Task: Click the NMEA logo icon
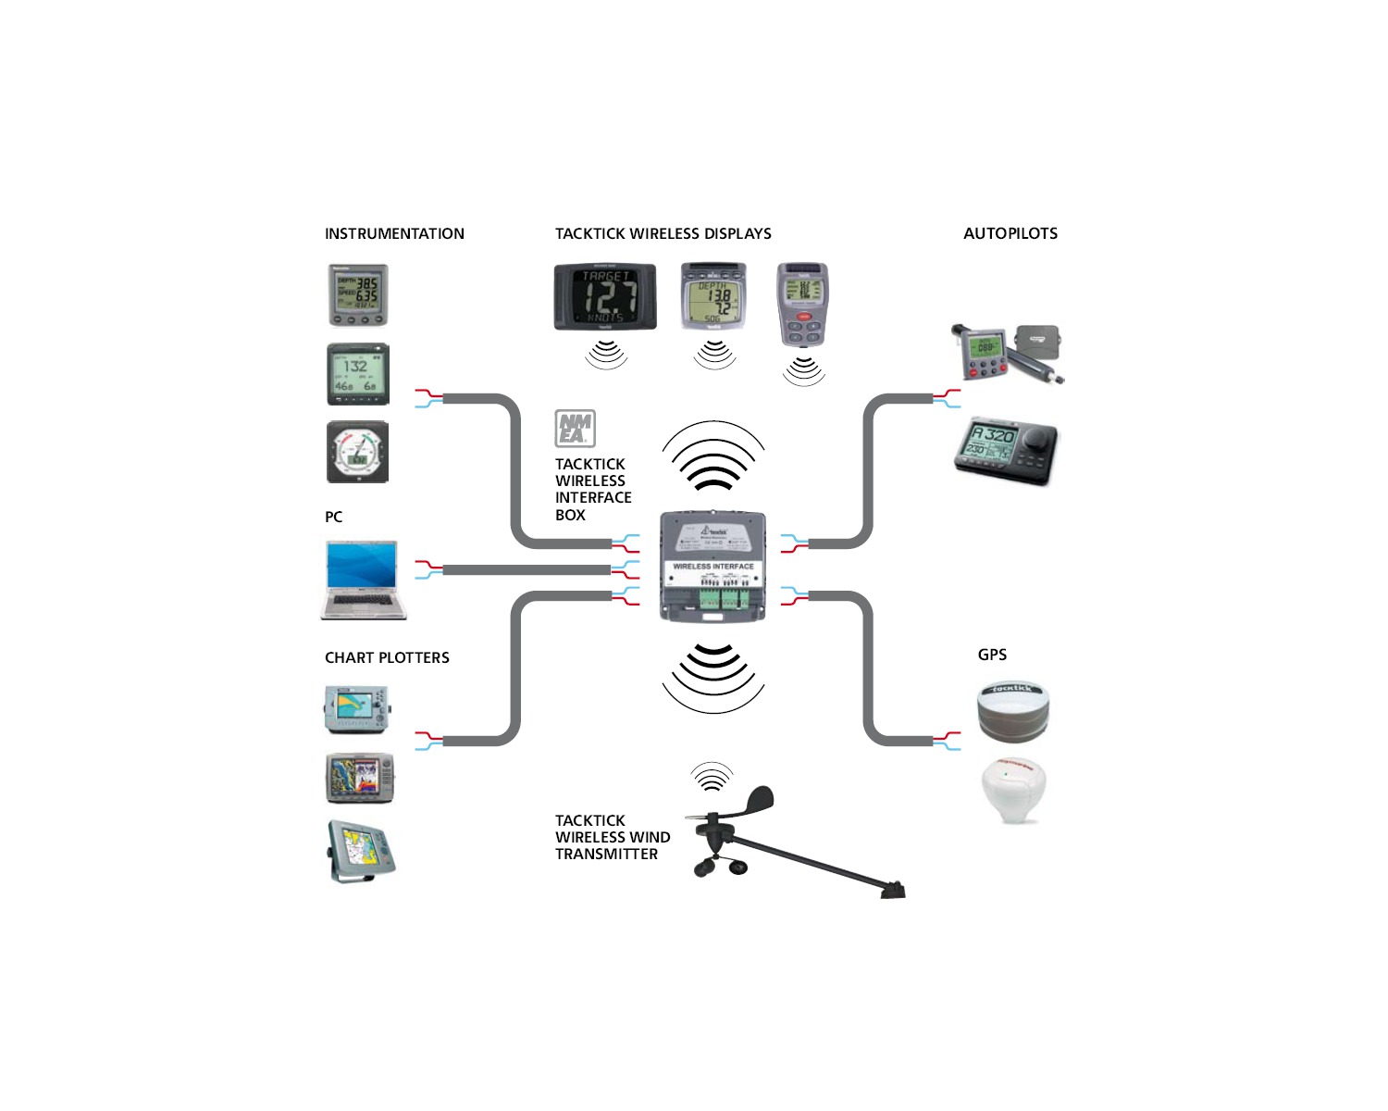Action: pyautogui.click(x=575, y=429)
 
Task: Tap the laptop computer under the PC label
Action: pyautogui.click(x=363, y=580)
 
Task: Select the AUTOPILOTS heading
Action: pyautogui.click(x=1010, y=233)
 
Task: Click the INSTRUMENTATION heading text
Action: pyautogui.click(x=394, y=233)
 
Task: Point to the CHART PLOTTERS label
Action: pyautogui.click(x=387, y=657)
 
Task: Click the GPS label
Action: pyautogui.click(x=992, y=655)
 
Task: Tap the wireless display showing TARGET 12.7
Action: pyautogui.click(x=605, y=297)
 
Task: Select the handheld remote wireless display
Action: pyautogui.click(x=802, y=304)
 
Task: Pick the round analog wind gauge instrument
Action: pyautogui.click(x=357, y=453)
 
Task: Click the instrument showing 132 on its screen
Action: pyautogui.click(x=357, y=374)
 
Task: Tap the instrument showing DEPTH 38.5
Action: pyautogui.click(x=358, y=295)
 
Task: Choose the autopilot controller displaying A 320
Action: pyautogui.click(x=1005, y=451)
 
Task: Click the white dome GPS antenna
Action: pyautogui.click(x=1013, y=790)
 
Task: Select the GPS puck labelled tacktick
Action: pyautogui.click(x=1013, y=710)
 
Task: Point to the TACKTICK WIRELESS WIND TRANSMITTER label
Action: pyautogui.click(x=612, y=837)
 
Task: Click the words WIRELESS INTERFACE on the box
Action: pyautogui.click(x=713, y=566)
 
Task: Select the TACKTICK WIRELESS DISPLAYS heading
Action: pyautogui.click(x=663, y=233)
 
